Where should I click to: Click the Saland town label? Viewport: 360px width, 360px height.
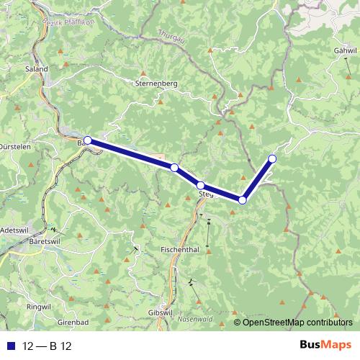pyautogui.click(x=36, y=69)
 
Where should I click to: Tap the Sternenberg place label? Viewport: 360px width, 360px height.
pyautogui.click(x=156, y=84)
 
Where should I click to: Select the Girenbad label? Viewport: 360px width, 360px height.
pyautogui.click(x=73, y=322)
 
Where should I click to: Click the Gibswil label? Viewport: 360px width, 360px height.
pyautogui.click(x=161, y=312)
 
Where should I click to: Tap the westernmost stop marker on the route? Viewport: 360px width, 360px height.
pyautogui.click(x=88, y=140)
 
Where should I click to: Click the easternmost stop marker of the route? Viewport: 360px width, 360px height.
pyautogui.click(x=272, y=158)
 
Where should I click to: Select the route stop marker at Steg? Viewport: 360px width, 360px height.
pyautogui.click(x=201, y=186)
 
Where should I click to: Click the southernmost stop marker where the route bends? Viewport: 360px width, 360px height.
pyautogui.click(x=243, y=200)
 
